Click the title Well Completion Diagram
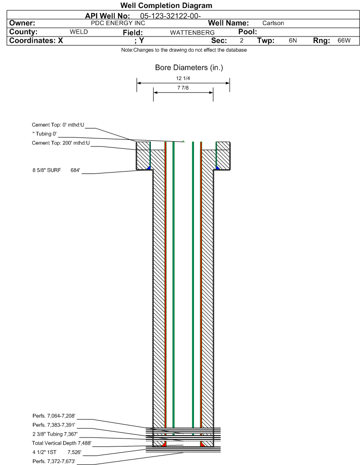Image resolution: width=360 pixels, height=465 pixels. click(x=166, y=6)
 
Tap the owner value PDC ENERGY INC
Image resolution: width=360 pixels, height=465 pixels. click(x=118, y=23)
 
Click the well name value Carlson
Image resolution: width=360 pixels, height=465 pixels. click(x=273, y=23)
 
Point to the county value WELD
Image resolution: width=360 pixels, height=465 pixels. click(x=79, y=32)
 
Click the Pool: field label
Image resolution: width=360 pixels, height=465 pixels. click(x=244, y=32)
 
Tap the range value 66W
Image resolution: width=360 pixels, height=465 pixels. click(x=344, y=41)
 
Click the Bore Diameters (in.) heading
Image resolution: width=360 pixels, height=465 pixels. click(x=189, y=68)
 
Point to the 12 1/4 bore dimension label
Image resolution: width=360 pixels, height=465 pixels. click(x=183, y=78)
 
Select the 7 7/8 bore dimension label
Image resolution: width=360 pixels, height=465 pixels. click(x=183, y=88)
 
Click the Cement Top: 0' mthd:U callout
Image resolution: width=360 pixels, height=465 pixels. click(x=58, y=125)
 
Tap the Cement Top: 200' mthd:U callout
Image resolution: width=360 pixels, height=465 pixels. click(x=61, y=143)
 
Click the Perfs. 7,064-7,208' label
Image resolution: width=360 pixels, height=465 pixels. click(x=54, y=416)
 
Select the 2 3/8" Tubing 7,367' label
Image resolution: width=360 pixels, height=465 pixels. click(x=55, y=434)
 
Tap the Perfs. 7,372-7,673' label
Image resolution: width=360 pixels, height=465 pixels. click(x=54, y=461)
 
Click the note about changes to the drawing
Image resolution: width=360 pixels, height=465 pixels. click(x=184, y=50)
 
